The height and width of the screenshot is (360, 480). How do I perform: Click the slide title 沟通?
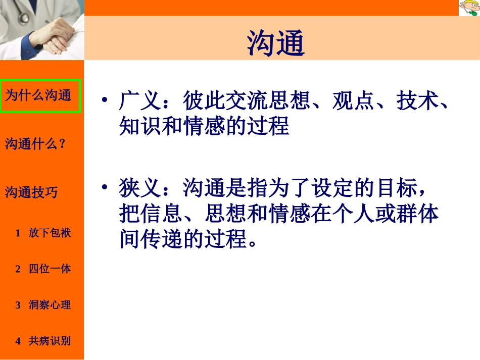(276, 43)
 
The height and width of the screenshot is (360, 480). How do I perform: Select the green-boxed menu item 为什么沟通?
(38, 95)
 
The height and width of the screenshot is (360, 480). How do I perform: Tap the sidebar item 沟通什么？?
(35, 144)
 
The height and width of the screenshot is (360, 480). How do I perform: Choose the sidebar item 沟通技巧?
(31, 192)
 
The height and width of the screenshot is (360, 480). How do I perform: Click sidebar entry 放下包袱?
(50, 233)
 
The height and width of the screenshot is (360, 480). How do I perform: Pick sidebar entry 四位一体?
(50, 269)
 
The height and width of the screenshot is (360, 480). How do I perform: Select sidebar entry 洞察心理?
(50, 305)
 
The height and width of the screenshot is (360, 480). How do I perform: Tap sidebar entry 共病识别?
(50, 341)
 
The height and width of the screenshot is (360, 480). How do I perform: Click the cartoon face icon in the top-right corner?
(468, 8)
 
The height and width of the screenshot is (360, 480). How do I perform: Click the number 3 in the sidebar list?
(18, 305)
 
